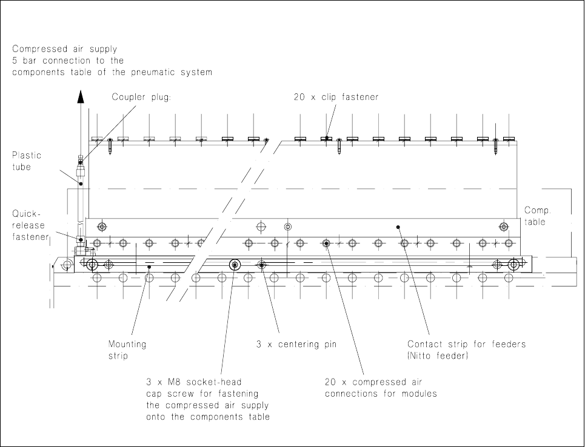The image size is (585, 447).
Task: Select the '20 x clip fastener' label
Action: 332,97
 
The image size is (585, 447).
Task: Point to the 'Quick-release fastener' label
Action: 29,225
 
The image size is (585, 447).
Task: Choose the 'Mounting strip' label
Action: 127,349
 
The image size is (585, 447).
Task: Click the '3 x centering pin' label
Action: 296,344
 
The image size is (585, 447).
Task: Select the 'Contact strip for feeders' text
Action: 466,344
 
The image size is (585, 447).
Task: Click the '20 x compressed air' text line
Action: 373,382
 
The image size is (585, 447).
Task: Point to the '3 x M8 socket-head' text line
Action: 194,382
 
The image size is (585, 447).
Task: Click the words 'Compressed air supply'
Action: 65,48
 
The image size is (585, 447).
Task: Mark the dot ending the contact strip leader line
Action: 398,228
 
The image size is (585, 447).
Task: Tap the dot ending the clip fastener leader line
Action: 327,138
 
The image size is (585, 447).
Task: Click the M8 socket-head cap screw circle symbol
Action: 235,265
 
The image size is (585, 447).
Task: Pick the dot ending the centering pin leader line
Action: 261,265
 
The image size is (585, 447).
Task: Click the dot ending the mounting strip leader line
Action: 149,265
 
